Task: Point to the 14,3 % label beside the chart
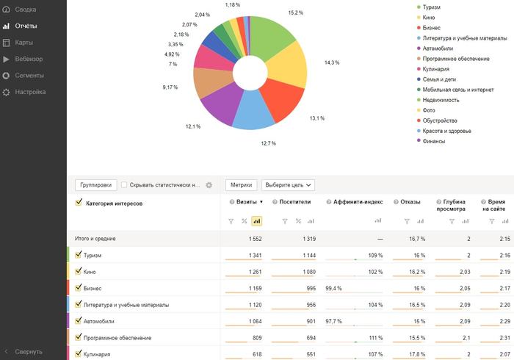pos(332,62)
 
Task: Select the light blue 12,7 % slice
pos(253,112)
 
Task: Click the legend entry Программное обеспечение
pos(456,59)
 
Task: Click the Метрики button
pos(242,185)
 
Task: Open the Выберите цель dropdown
pos(288,185)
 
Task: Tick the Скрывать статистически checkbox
pos(124,185)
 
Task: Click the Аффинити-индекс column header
pos(358,202)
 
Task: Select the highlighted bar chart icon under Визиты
pos(257,221)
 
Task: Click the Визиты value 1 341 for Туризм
pos(255,256)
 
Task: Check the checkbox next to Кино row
pos(78,271)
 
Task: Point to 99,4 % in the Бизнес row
pos(333,289)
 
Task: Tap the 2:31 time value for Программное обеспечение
pos(505,338)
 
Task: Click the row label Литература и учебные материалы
pos(126,305)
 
